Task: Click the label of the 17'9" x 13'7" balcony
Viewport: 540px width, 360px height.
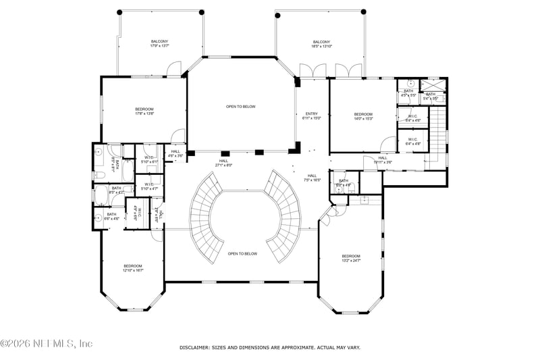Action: [x=159, y=44]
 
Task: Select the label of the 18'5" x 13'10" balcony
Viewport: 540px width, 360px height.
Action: [x=321, y=44]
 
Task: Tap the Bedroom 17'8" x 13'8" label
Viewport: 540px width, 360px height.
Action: [x=144, y=111]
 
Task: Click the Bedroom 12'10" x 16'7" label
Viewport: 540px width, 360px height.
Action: [x=133, y=268]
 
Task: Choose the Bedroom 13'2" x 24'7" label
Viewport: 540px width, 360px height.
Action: [x=351, y=258]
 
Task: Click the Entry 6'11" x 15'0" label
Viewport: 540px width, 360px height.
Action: [x=311, y=115]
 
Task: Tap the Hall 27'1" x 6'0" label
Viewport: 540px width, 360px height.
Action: [x=223, y=163]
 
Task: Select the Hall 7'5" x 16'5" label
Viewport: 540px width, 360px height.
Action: [x=311, y=178]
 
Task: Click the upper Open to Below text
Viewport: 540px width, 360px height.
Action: [x=240, y=107]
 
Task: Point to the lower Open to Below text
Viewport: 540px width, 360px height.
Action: [x=242, y=253]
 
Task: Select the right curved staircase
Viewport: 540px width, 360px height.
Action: [x=283, y=216]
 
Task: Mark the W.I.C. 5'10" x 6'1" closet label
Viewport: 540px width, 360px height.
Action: [x=149, y=160]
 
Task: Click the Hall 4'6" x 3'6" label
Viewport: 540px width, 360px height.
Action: [x=175, y=153]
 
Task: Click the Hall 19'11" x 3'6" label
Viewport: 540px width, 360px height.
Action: [x=382, y=160]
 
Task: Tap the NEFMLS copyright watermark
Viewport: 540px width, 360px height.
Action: [x=46, y=344]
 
